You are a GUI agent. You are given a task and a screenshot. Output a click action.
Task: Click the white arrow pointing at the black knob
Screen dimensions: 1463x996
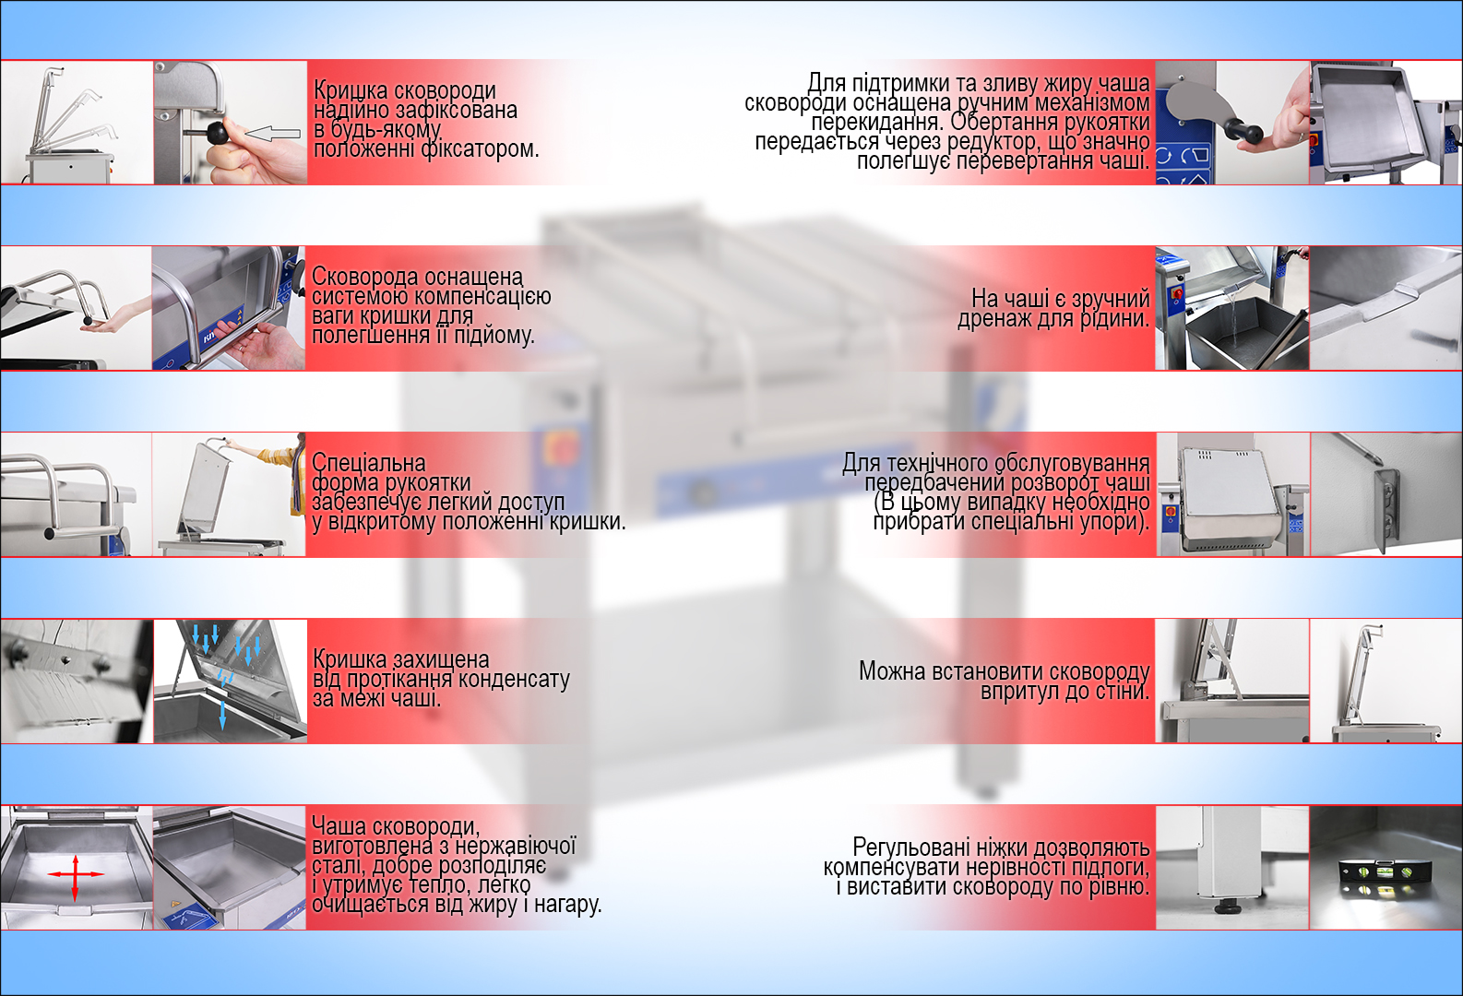click(x=273, y=134)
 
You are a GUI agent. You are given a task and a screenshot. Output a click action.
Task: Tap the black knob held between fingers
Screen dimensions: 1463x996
click(x=218, y=134)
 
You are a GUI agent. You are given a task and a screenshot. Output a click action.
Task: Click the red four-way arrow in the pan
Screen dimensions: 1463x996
click(x=76, y=874)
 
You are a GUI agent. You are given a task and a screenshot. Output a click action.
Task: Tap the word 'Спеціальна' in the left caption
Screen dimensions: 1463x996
click(x=368, y=463)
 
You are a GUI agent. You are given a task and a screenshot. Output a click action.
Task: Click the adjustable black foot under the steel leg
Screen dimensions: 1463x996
click(x=1229, y=907)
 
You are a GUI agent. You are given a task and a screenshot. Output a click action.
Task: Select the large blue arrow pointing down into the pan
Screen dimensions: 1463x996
click(x=222, y=715)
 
